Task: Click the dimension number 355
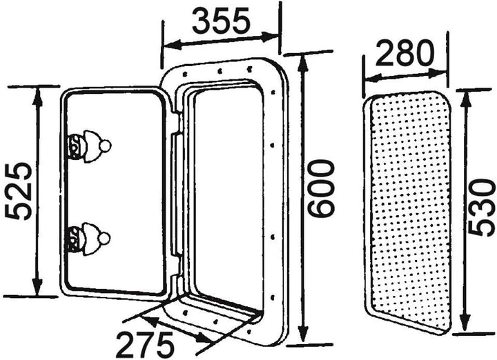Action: (222, 22)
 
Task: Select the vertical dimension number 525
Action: (19, 191)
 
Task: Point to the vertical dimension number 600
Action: (321, 188)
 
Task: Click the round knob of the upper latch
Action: (105, 146)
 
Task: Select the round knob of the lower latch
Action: (104, 238)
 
